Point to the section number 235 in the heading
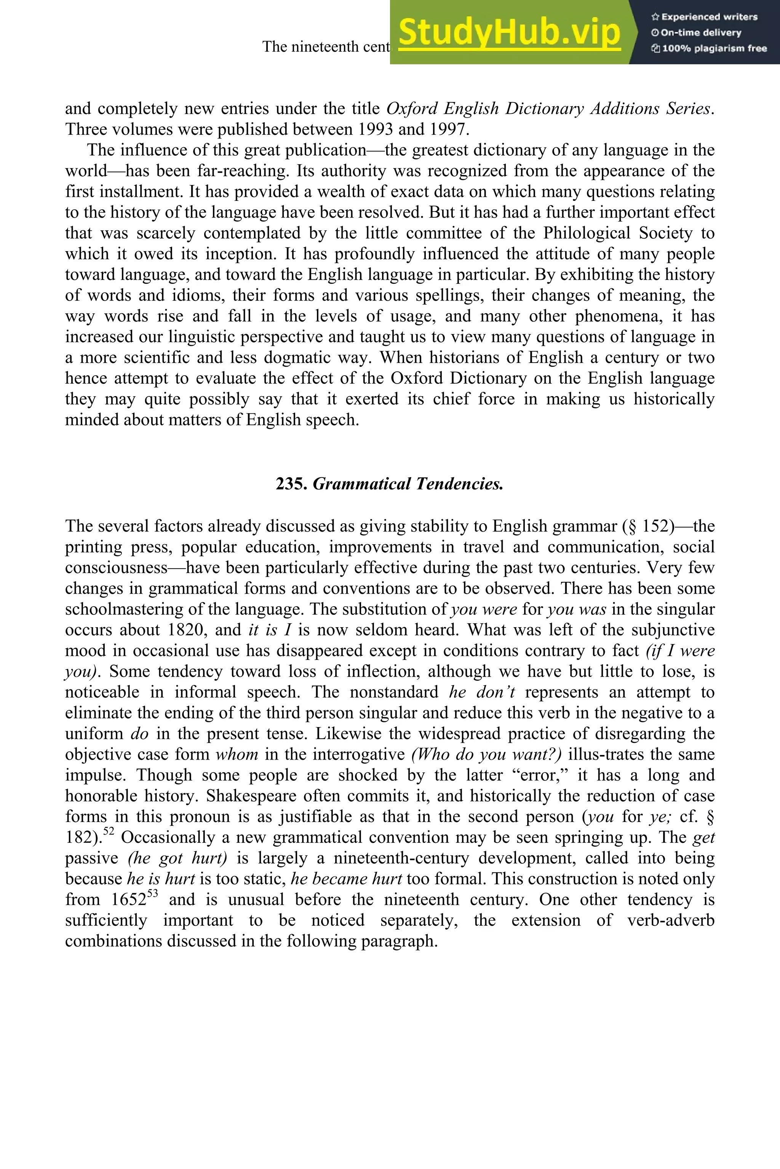[x=291, y=484]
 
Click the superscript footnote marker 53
[x=152, y=893]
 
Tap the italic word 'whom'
[x=237, y=755]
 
